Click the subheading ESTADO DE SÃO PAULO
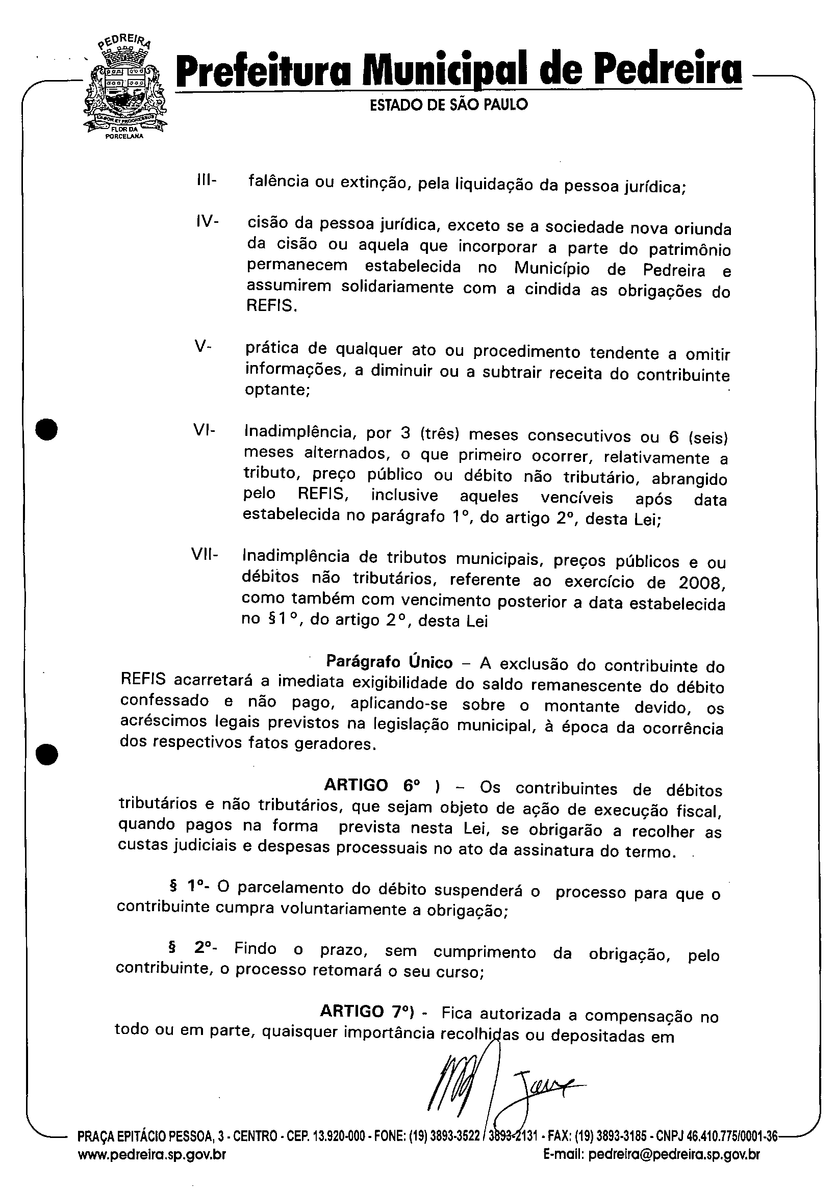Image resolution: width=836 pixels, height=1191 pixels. [448, 105]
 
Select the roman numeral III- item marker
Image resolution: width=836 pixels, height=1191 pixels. [207, 180]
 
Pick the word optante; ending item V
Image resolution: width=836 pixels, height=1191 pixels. [277, 390]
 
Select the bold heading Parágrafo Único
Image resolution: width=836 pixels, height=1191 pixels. [389, 662]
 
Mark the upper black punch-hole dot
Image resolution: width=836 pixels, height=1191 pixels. [47, 429]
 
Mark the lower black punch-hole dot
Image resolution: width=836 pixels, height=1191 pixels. [47, 754]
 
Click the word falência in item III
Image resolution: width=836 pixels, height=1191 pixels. [275, 182]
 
